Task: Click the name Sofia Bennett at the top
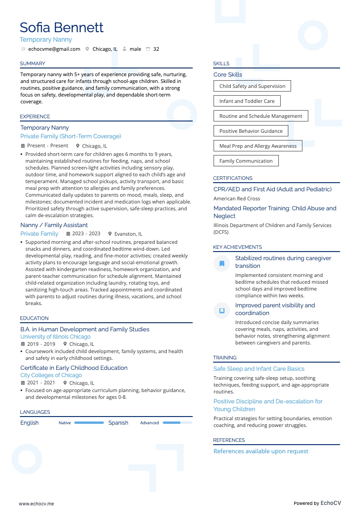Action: point(62,28)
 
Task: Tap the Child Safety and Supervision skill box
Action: point(252,86)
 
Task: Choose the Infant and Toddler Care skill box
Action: point(247,101)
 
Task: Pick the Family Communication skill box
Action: point(246,161)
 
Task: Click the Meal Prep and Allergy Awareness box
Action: point(258,146)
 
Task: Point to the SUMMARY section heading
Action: point(32,63)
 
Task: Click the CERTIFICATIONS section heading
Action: point(233,178)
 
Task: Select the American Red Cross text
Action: point(237,199)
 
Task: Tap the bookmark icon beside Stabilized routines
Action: point(222,263)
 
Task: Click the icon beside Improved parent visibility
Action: point(222,310)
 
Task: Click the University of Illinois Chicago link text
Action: point(55,337)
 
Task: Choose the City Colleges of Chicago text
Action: point(51,375)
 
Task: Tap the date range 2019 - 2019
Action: point(41,344)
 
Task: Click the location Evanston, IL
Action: point(128,234)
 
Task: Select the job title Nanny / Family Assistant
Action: point(54,225)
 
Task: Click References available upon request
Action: point(261,451)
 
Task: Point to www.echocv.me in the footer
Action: point(36,504)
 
